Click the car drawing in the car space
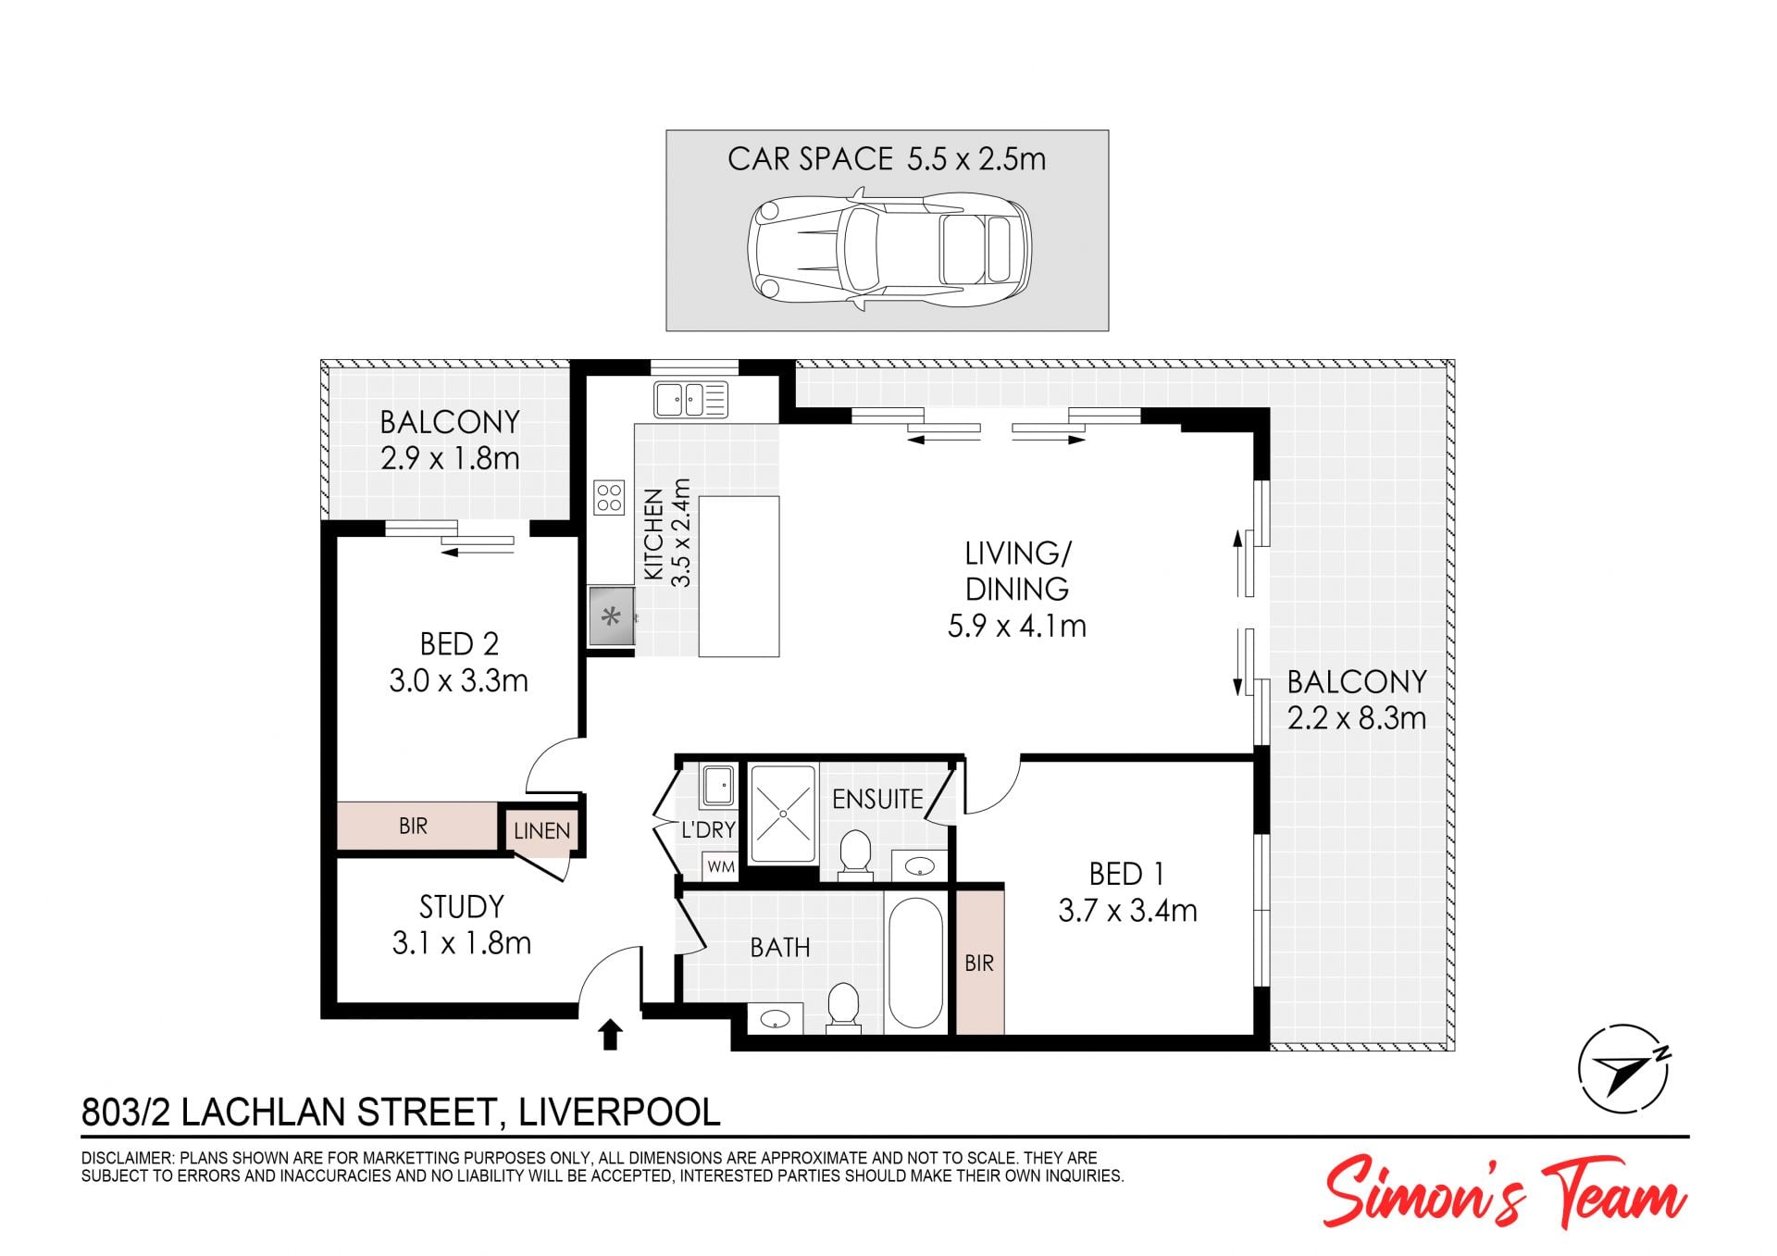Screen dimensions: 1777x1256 (888, 250)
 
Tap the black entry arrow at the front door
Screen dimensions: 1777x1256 (609, 1035)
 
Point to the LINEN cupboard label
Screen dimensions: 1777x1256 (541, 831)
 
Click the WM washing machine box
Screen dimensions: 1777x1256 (720, 867)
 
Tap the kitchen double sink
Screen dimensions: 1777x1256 (690, 400)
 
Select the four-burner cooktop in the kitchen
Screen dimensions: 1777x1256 (609, 496)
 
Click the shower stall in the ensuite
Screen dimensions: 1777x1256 (783, 814)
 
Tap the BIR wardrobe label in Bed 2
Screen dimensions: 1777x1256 (413, 826)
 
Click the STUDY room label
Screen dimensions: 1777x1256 (461, 906)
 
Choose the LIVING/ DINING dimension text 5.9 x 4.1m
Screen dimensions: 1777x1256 (1016, 627)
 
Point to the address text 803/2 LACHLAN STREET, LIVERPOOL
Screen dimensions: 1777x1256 (401, 1112)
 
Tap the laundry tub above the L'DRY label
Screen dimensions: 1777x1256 (717, 785)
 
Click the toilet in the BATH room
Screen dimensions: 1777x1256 (843, 1007)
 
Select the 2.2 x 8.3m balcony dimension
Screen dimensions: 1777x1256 (1357, 718)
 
